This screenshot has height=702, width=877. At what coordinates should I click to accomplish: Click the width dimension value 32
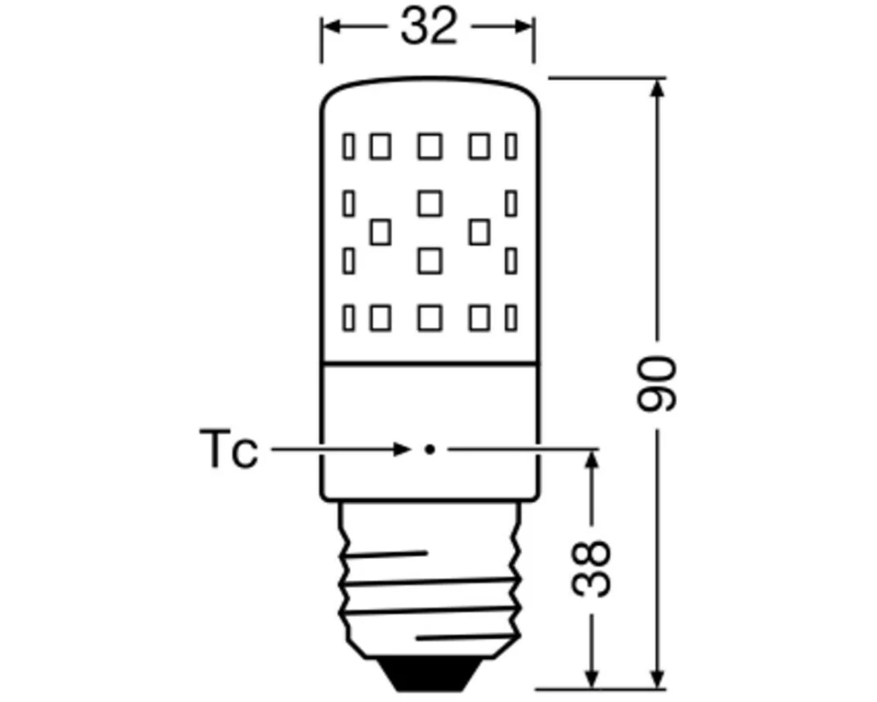[x=429, y=28]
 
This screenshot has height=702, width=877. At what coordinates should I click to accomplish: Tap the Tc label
[x=228, y=450]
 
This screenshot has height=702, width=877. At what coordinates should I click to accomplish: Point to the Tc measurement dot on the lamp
[x=429, y=450]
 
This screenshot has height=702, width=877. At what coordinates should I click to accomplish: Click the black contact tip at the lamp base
[x=429, y=676]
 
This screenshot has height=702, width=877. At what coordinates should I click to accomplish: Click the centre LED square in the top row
[x=429, y=147]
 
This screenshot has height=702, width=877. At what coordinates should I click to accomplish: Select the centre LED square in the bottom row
[x=429, y=317]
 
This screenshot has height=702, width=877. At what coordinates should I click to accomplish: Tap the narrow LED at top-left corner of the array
[x=349, y=147]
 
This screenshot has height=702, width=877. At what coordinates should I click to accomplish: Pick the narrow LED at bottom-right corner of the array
[x=511, y=317]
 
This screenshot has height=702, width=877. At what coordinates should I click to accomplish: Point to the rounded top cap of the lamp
[x=429, y=88]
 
